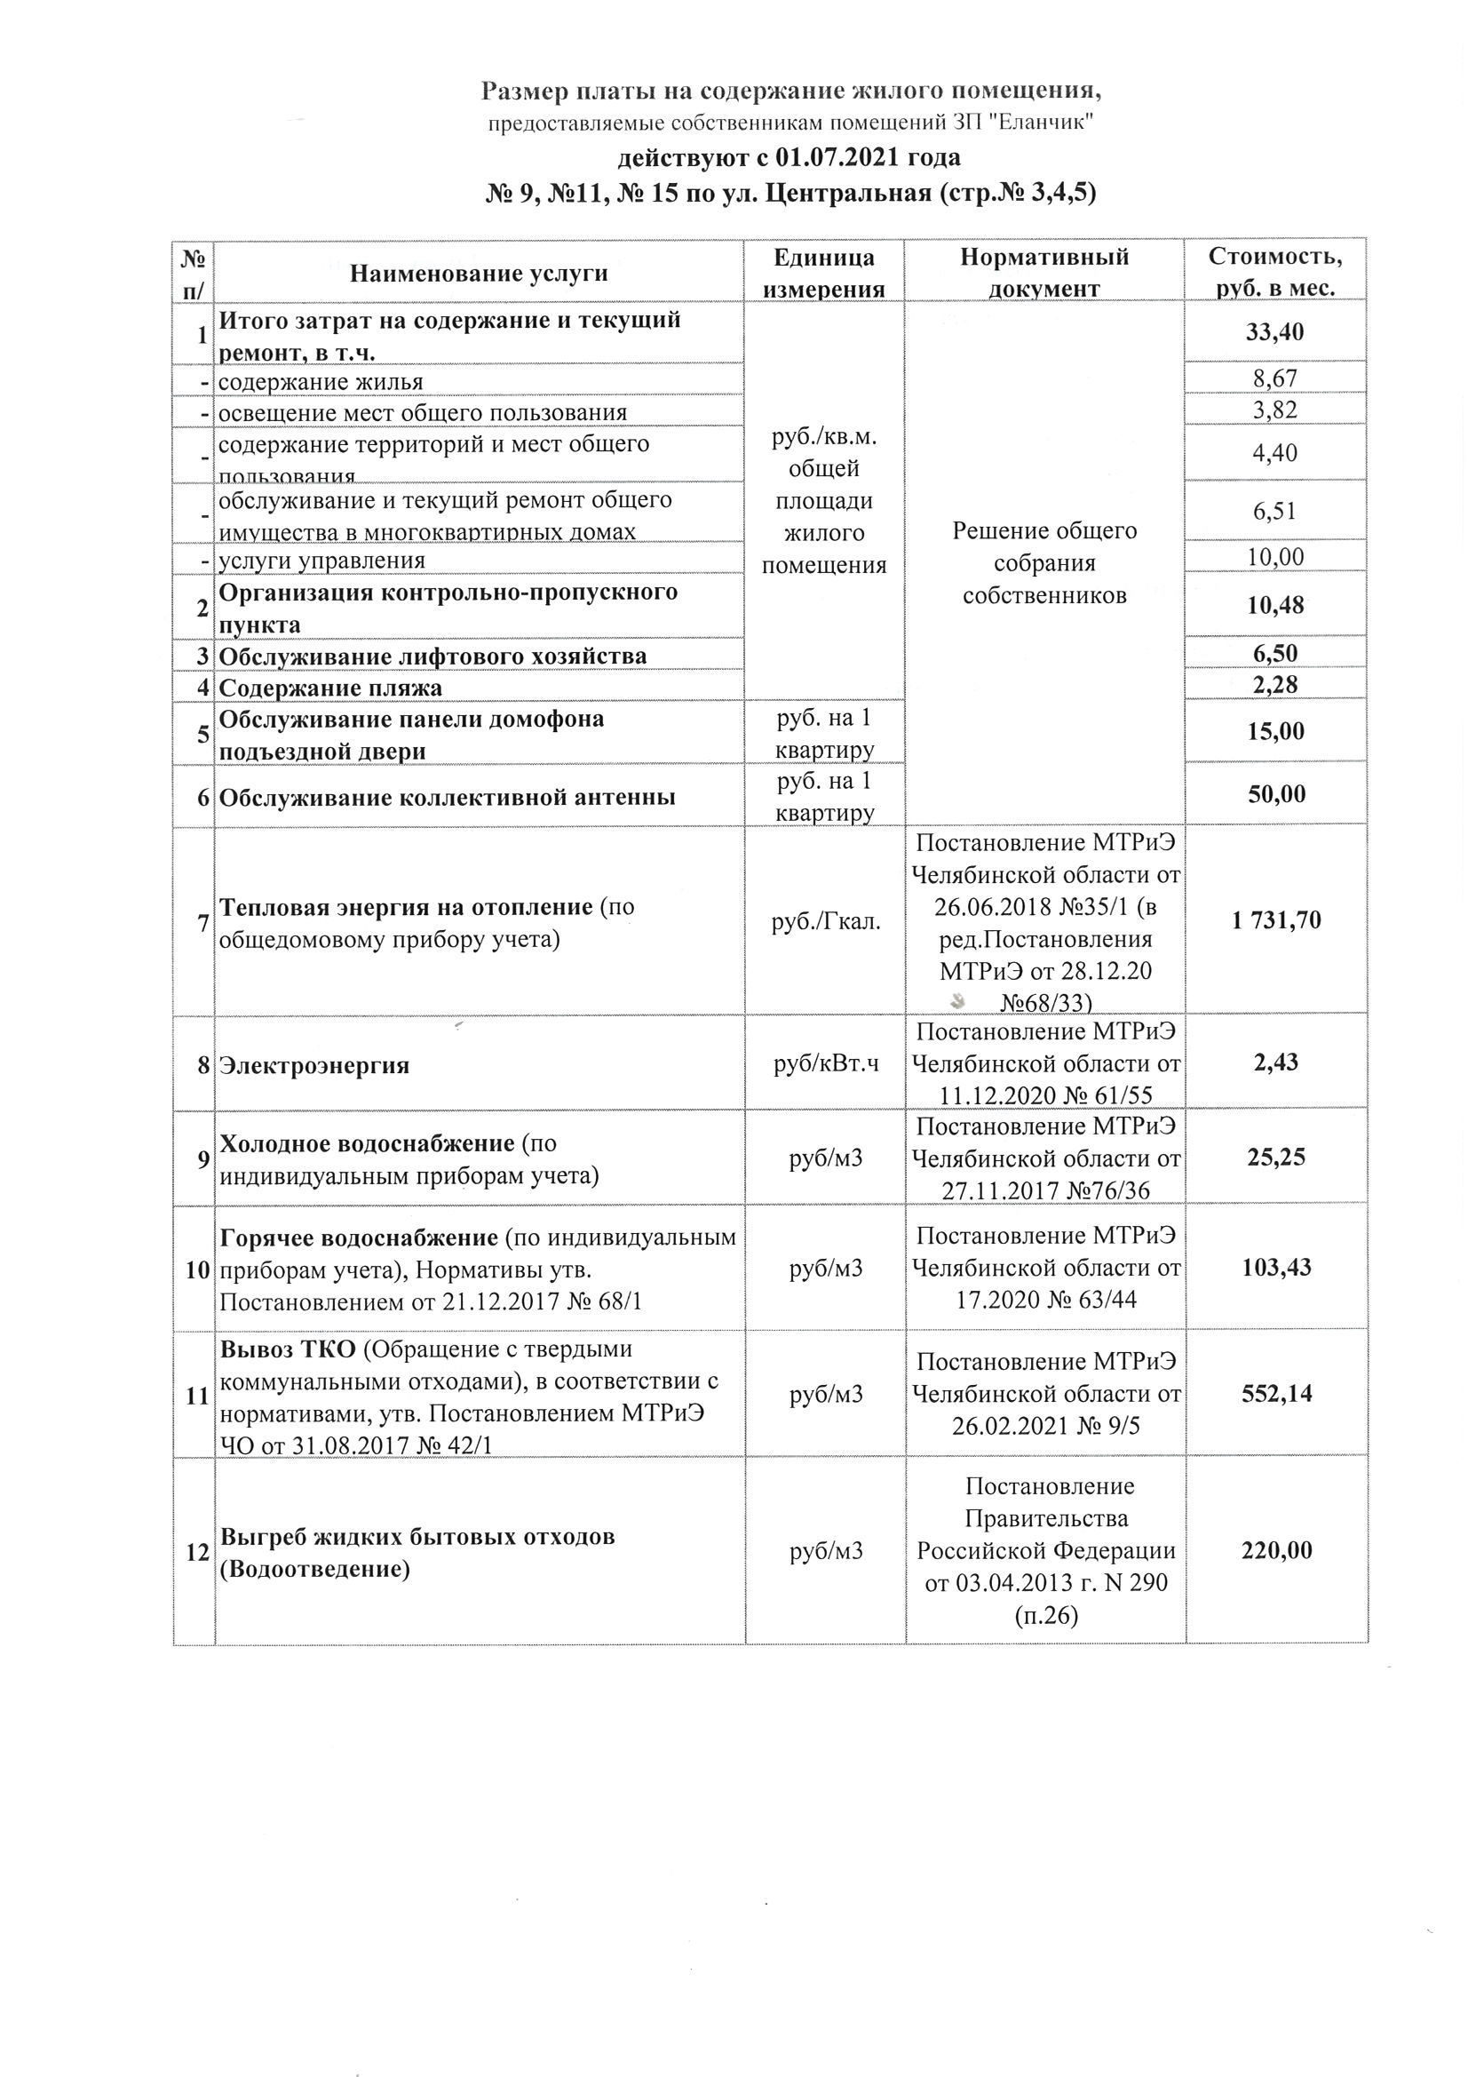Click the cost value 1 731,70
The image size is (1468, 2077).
(x=1275, y=921)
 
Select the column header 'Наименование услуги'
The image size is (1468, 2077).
(x=479, y=274)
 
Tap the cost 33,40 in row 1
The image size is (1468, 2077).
(x=1275, y=332)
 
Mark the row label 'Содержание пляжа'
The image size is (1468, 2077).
(x=331, y=688)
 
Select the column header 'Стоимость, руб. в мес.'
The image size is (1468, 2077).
(x=1275, y=273)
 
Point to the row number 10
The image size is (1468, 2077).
(x=197, y=1269)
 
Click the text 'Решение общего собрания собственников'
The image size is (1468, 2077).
(x=1044, y=562)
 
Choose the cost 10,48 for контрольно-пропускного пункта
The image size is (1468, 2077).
(x=1275, y=605)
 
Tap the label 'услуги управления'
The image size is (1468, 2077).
(x=322, y=560)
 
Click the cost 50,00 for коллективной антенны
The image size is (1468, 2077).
(x=1275, y=794)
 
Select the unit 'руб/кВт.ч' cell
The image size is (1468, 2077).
(x=826, y=1065)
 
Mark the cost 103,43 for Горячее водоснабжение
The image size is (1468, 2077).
(x=1275, y=1268)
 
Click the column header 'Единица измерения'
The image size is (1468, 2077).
(x=824, y=274)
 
